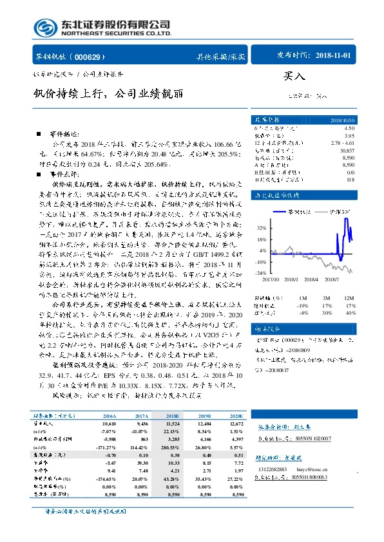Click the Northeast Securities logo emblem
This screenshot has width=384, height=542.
(45, 27)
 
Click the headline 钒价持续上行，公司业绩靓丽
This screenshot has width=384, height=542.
(107, 94)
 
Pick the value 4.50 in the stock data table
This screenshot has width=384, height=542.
(349, 129)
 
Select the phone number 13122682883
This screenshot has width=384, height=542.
(271, 470)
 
